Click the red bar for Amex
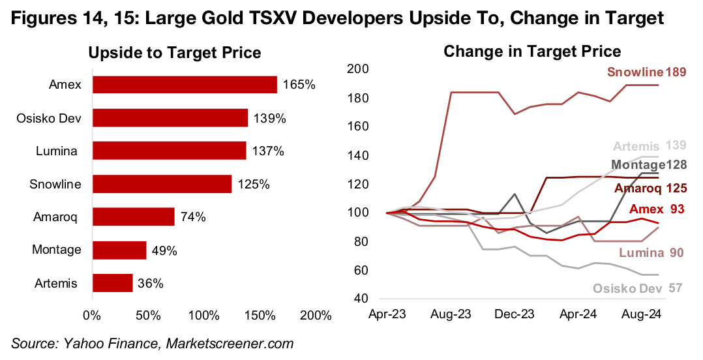[x=185, y=85]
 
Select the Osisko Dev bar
[x=170, y=118]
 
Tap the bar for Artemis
[x=113, y=283]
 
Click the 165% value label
[x=299, y=85]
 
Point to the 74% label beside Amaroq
[x=192, y=217]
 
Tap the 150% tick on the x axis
[x=262, y=316]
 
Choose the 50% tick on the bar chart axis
[x=149, y=316]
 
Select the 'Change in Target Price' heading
[x=532, y=52]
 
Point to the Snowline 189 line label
[x=647, y=72]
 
